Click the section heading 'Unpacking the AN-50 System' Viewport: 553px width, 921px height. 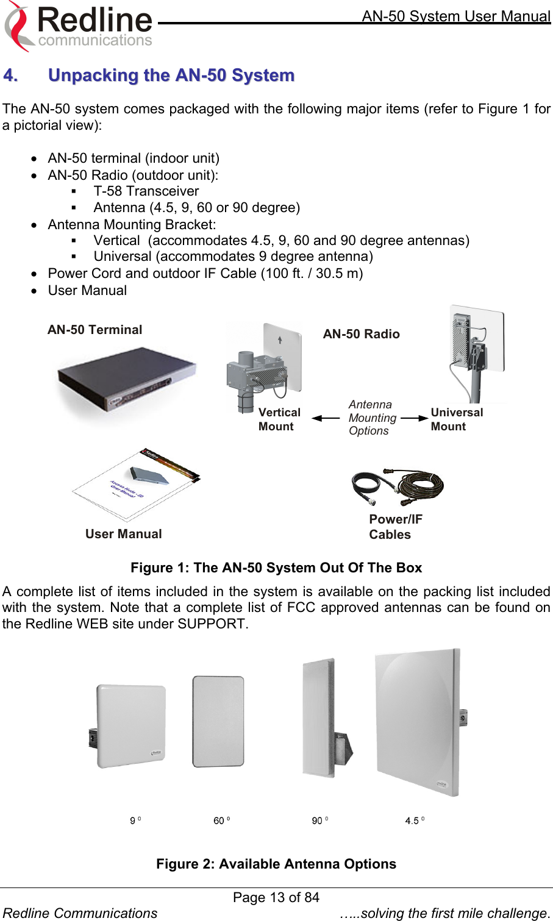(171, 75)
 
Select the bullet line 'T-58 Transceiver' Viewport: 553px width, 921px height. (146, 191)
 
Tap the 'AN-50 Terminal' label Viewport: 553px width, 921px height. (95, 330)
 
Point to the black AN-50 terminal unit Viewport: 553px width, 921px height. (127, 381)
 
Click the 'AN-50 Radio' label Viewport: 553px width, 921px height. (361, 334)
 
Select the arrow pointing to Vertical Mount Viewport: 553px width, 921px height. (326, 418)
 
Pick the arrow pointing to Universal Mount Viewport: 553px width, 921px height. (415, 418)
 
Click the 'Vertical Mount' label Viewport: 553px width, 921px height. (279, 419)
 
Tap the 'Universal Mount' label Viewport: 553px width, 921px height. (457, 419)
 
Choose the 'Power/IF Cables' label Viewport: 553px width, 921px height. (395, 527)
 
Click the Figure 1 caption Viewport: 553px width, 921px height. (276, 568)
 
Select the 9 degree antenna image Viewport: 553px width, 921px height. (129, 725)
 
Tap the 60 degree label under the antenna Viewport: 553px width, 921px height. (221, 820)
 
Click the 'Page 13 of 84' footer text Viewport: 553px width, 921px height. (276, 897)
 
